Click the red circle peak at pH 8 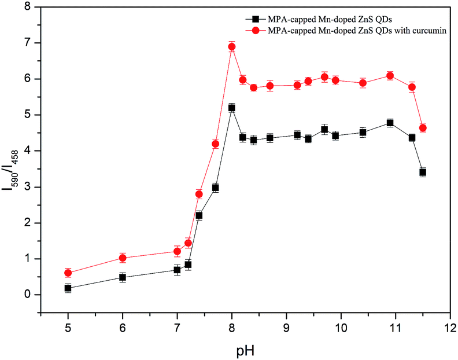tap(232, 46)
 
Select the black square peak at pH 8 tap(232, 108)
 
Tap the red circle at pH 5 tap(68, 273)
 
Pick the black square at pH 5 tap(68, 288)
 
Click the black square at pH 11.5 tap(423, 172)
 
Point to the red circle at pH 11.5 tap(423, 128)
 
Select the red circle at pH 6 tap(123, 258)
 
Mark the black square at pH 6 tap(123, 277)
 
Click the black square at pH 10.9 tap(390, 123)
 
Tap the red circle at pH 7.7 tap(215, 144)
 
